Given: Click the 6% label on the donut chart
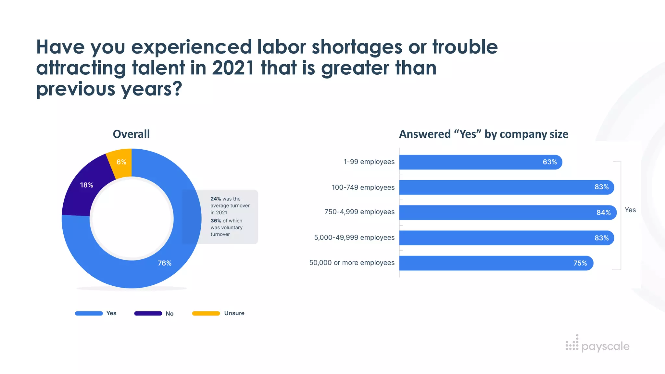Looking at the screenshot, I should tap(121, 162).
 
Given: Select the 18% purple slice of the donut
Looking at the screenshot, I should tap(83, 192).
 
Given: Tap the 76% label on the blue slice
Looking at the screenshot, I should tap(164, 263).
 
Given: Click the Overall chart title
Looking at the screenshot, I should tap(131, 134).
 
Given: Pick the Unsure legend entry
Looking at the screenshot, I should tap(234, 313).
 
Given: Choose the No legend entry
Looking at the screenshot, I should tap(169, 314).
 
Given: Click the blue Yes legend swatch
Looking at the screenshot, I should tap(89, 313).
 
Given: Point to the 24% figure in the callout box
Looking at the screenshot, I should tap(216, 199).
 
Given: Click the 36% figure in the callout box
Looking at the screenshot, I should tap(216, 221).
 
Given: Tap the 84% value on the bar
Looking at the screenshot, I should tap(603, 213).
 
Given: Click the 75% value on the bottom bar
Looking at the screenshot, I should tap(580, 263).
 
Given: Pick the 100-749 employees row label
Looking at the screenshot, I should tap(363, 187).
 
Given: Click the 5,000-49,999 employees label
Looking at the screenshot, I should tap(354, 238).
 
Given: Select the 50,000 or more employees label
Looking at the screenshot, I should tap(352, 263).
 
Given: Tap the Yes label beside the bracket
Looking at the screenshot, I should tap(630, 210).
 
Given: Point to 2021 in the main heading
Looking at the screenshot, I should tap(233, 68).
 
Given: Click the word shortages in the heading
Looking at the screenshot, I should tap(357, 47).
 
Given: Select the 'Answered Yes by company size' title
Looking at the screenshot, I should tap(483, 134).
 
